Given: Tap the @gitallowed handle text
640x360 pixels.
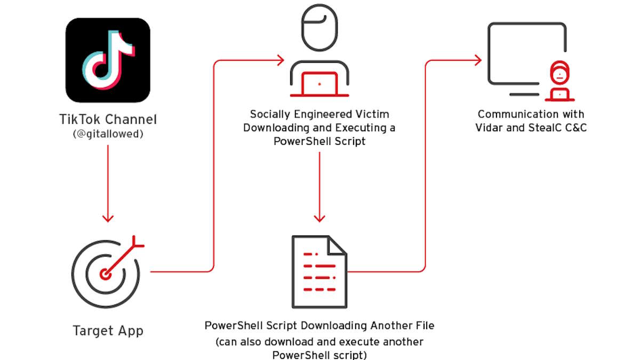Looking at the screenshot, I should (108, 134).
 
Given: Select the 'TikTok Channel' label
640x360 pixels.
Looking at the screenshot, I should (108, 119).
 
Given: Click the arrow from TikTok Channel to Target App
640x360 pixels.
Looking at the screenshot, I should (108, 181).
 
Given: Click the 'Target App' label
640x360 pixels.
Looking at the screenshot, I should (108, 331).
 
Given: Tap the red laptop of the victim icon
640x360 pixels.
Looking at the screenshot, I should (319, 84).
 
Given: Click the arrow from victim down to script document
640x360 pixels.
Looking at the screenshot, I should (319, 187).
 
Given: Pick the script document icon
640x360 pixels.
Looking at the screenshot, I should (319, 272).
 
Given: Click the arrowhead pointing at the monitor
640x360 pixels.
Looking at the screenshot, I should (478, 60).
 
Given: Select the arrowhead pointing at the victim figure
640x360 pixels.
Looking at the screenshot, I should (281, 60).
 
